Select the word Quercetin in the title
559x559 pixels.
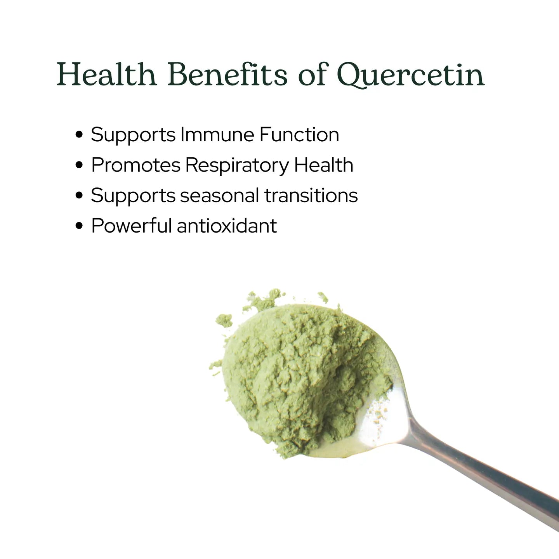[410, 75]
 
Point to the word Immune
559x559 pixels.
[217, 135]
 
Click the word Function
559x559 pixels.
[299, 135]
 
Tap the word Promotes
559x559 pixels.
[135, 165]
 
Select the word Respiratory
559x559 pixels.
[237, 166]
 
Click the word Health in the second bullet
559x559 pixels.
[323, 165]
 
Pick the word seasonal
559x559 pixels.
[219, 195]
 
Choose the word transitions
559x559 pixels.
[311, 195]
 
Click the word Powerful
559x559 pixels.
[131, 226]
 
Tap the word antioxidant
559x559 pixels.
[227, 226]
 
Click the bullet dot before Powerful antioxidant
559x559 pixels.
[79, 226]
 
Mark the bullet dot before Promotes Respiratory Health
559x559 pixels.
[79, 165]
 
